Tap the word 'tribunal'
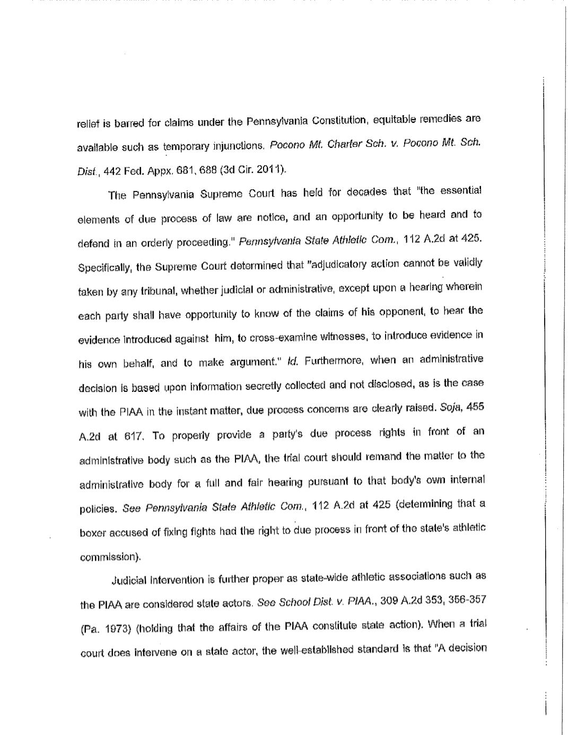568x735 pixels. (158, 291)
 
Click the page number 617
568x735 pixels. (134, 436)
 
